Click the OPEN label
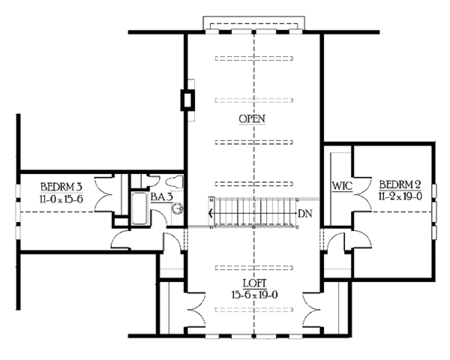coord(253,119)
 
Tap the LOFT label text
coord(253,284)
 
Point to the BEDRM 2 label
coord(399,184)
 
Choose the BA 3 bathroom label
coord(160,196)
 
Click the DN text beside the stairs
coord(304,214)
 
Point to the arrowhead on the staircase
coord(211,214)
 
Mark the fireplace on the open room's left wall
coord(187,100)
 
